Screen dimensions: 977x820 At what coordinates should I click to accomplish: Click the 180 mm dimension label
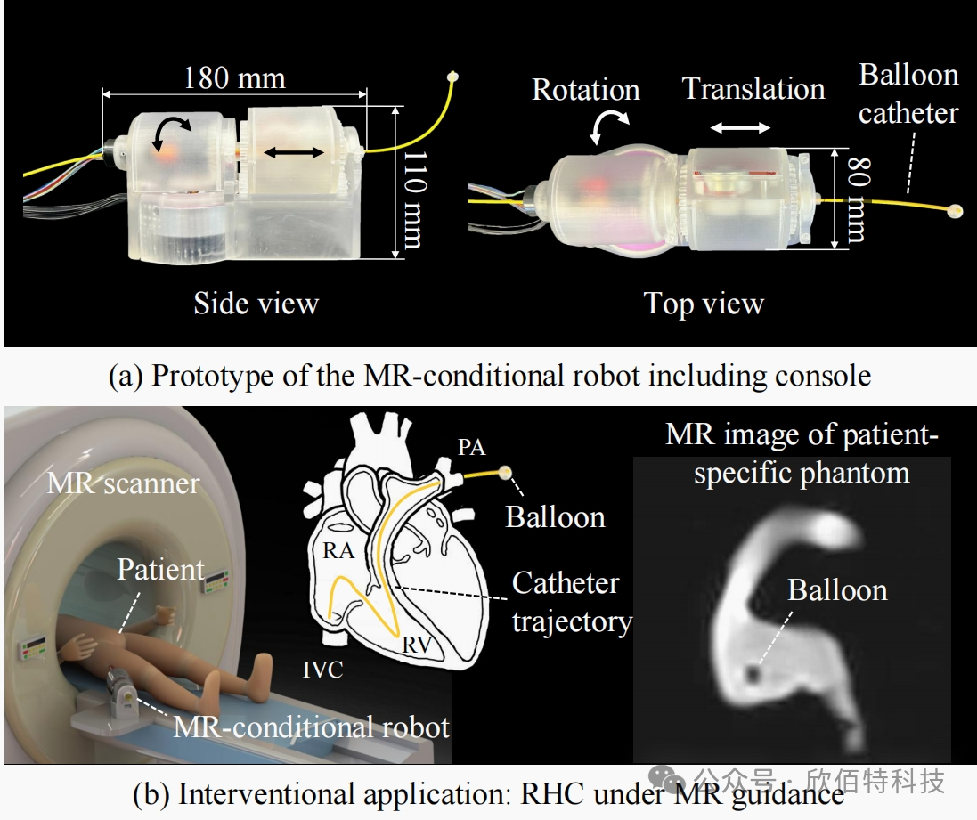[234, 78]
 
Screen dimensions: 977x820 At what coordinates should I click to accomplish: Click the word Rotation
[586, 90]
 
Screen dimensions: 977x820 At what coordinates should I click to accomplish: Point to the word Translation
[753, 88]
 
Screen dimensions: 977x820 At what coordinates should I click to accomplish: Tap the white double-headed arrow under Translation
[740, 127]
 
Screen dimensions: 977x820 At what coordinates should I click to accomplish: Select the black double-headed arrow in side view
[294, 152]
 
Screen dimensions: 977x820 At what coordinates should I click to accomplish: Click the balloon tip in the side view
[453, 77]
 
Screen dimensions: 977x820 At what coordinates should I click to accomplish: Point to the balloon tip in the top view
[954, 211]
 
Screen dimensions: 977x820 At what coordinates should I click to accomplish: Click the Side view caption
[256, 304]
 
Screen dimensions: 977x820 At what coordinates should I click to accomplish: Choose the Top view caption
[704, 304]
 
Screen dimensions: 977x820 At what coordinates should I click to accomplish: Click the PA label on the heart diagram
[472, 447]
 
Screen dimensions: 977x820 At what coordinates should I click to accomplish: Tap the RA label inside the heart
[338, 551]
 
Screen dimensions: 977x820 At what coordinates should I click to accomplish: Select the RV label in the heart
[417, 645]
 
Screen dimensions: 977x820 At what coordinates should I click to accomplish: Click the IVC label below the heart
[322, 670]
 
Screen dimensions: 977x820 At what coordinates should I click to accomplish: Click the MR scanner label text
[124, 483]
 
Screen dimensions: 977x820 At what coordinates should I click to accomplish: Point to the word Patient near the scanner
[161, 570]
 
